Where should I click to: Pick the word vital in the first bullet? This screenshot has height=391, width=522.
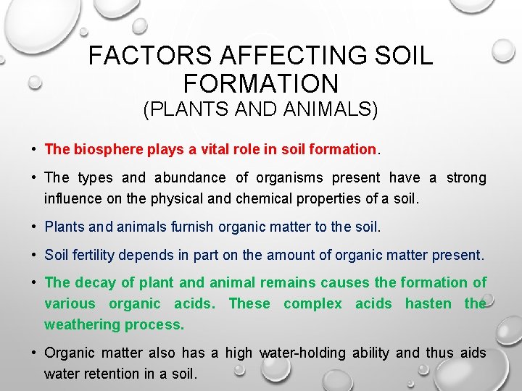216,149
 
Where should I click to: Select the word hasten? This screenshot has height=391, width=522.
428,303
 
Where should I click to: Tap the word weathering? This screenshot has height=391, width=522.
81,324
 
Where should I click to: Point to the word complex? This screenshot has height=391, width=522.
312,303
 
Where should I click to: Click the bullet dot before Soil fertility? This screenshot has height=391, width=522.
35,255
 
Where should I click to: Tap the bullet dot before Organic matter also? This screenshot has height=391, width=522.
35,353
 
